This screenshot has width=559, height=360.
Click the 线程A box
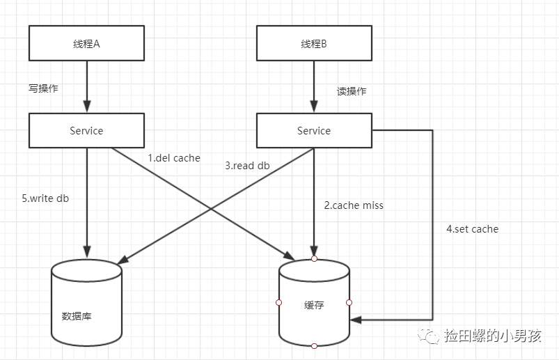[x=87, y=43]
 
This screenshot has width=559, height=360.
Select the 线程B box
[x=314, y=43]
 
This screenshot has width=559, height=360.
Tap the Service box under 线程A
[x=87, y=130]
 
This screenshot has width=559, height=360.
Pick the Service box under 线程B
[x=314, y=130]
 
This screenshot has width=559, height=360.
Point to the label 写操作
[x=43, y=88]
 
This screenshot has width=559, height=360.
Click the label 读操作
[x=352, y=91]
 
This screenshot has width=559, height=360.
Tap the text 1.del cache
[x=174, y=158]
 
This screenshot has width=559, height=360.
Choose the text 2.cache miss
[x=354, y=205]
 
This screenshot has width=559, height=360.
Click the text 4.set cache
[x=473, y=228]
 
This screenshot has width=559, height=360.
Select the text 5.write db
[x=45, y=198]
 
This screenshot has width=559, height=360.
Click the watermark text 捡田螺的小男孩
[x=493, y=337]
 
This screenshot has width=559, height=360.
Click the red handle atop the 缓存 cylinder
[x=314, y=259]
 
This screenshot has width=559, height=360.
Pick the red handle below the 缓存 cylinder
[x=314, y=345]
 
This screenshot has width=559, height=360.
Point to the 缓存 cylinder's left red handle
[x=279, y=302]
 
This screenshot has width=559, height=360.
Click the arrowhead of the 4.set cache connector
[x=355, y=320]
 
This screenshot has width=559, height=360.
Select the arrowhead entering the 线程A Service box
[x=87, y=108]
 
